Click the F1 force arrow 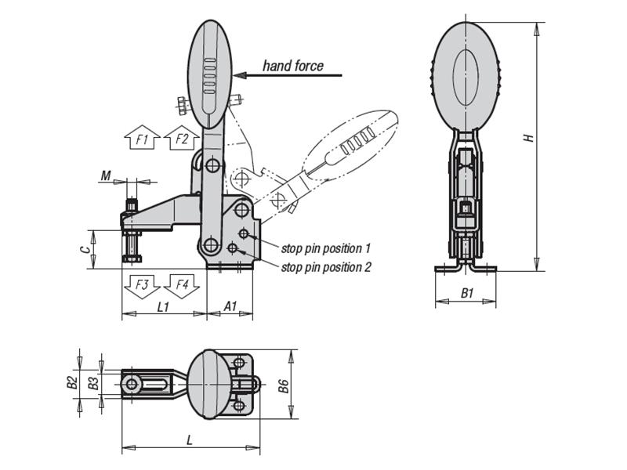tap(142, 138)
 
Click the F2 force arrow tap(182, 138)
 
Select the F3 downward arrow tap(142, 286)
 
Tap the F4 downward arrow tap(182, 286)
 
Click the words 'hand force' tap(292, 66)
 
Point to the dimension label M tap(105, 176)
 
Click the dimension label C tap(83, 249)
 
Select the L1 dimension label tap(163, 307)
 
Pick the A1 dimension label tap(230, 307)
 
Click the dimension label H tap(529, 137)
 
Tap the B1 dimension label tap(467, 294)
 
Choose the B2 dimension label tap(71, 383)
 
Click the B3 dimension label tap(92, 383)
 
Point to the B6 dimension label tap(284, 385)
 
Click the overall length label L tap(189, 441)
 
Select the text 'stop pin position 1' tap(326, 248)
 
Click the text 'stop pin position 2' tap(326, 267)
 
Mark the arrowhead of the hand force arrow tap(239, 76)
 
